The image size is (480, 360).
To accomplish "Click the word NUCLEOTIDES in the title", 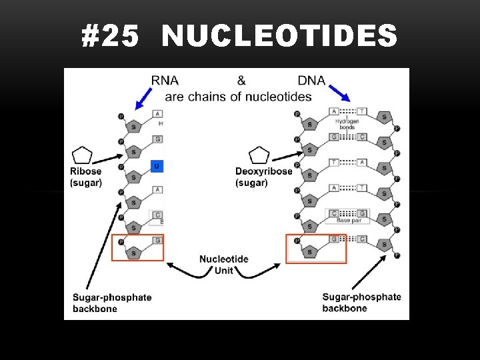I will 279,36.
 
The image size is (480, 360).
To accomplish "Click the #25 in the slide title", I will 111,36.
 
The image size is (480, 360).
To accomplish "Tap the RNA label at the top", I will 165,81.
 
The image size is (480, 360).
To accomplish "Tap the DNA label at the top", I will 311,81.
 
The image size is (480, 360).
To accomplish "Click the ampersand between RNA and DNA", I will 241,81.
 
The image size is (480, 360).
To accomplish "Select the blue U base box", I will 157,165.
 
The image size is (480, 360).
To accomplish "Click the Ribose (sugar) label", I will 86,177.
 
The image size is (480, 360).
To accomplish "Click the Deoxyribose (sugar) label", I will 263,177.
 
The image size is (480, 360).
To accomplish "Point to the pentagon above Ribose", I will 82,155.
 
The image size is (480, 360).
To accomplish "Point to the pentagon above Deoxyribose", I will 259,155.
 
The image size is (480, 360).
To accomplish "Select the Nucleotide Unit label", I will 224,265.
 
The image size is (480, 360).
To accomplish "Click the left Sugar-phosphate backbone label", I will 112,303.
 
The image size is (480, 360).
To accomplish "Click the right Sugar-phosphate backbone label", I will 361,303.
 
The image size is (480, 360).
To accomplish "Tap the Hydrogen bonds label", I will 347,125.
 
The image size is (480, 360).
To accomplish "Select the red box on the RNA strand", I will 137,247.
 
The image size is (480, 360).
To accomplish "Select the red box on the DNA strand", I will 316,249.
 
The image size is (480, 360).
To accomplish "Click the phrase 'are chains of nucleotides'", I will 238,97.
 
